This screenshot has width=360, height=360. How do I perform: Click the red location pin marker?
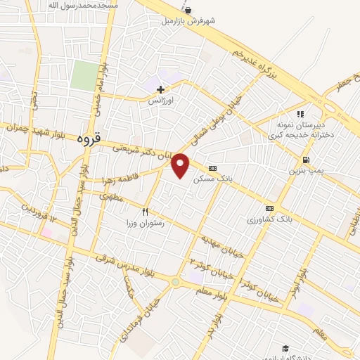(x=181, y=165)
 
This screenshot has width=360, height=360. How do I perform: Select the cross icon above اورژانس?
(x=161, y=89)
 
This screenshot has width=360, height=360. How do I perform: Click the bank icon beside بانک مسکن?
(x=212, y=167)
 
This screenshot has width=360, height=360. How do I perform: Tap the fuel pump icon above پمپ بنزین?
(x=304, y=160)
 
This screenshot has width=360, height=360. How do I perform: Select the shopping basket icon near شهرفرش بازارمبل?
(x=187, y=10)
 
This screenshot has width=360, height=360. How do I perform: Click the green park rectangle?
(x=84, y=75)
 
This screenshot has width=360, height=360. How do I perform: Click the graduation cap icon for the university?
(x=285, y=348)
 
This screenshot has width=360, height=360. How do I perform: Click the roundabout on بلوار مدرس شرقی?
(x=174, y=282)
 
